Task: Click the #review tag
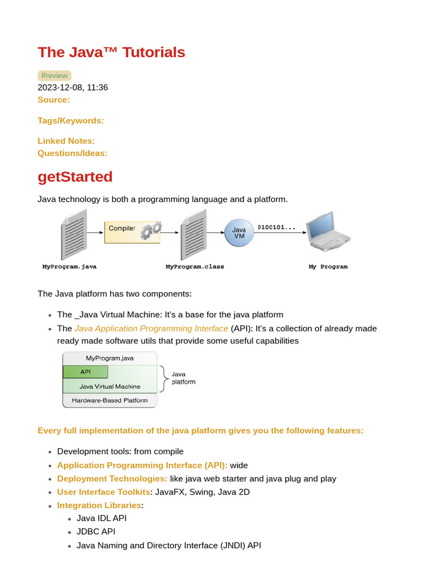[54, 76]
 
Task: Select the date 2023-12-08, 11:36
[72, 88]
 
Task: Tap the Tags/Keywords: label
[71, 120]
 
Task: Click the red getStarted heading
[75, 176]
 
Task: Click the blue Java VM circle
[239, 233]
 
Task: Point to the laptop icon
[328, 231]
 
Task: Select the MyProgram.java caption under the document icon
[70, 267]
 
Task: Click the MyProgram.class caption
[195, 267]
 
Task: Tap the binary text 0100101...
[276, 227]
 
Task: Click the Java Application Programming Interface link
[152, 328]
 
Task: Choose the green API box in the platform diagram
[85, 372]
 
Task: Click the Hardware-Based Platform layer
[110, 400]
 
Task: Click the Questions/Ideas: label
[72, 153]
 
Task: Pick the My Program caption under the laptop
[328, 267]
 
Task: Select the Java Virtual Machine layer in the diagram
[110, 386]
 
